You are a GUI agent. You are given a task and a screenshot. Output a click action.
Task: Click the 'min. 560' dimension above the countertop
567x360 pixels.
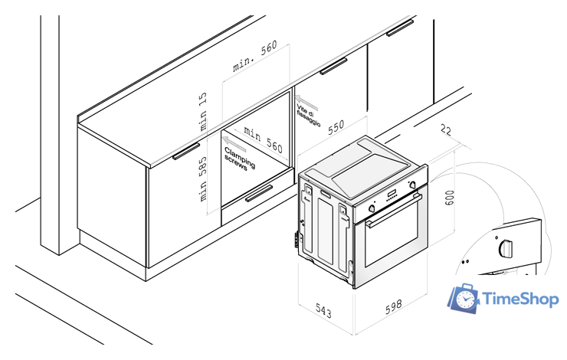[x=255, y=56]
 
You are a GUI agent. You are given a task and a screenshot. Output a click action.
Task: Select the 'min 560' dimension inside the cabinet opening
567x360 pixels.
[x=263, y=139]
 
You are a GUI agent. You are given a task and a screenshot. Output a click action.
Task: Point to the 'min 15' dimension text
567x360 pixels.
[x=202, y=111]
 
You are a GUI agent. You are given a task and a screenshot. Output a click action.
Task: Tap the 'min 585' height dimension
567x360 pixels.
[x=202, y=179]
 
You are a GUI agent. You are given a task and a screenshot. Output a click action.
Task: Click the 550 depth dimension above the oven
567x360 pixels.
[x=336, y=128]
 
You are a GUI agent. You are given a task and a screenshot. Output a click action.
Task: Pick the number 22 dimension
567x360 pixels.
[x=446, y=129]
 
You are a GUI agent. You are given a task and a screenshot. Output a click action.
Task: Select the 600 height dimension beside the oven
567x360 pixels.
[x=449, y=198]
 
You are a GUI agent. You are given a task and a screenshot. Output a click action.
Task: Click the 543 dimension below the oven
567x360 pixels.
[x=323, y=311]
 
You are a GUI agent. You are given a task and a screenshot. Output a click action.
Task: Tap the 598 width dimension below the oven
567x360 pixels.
[x=393, y=306]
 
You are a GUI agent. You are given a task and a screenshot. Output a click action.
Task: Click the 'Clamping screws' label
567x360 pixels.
[x=239, y=159]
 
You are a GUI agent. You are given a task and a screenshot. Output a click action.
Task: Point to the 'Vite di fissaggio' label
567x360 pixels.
[x=308, y=116]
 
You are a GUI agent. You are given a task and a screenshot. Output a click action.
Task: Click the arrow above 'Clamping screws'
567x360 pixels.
[x=234, y=144]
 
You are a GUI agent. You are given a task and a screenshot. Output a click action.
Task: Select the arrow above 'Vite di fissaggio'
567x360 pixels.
[x=306, y=103]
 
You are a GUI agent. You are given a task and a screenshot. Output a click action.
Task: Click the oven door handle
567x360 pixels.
[x=394, y=211]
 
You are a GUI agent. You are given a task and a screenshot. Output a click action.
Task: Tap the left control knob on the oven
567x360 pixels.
[x=372, y=208]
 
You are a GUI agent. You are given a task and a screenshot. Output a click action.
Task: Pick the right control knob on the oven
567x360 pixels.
[x=412, y=185]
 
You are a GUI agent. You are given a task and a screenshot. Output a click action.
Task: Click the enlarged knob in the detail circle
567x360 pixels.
[x=506, y=248]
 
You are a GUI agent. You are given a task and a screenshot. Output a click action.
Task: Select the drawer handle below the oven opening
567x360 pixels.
[x=259, y=193]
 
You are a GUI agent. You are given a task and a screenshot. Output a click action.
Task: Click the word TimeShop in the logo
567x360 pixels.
[x=520, y=299]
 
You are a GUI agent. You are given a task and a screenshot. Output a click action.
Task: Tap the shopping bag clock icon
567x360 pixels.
[x=464, y=298]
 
